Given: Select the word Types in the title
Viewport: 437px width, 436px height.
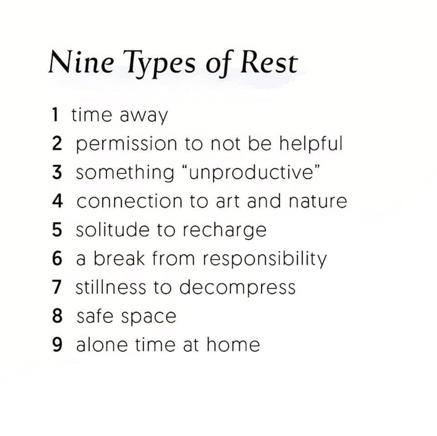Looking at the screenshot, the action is click(x=159, y=65).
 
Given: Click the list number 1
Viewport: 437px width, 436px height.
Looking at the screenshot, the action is click(x=55, y=115).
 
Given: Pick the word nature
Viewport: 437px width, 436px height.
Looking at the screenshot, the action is click(x=318, y=201).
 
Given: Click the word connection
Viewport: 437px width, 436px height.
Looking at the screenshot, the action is click(x=129, y=201).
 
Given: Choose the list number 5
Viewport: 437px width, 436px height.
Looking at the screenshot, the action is click(x=57, y=230).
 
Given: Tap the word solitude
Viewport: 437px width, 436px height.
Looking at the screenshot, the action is click(x=112, y=230).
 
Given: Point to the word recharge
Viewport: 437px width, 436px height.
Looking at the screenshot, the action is click(x=224, y=231).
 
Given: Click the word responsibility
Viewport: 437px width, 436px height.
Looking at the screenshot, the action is click(x=264, y=260).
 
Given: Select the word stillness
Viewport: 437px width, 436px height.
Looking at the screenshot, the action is click(x=111, y=287).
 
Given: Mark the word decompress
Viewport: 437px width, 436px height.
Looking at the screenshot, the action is click(x=237, y=288).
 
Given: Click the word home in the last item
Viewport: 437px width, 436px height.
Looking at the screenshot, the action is click(x=233, y=345).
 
